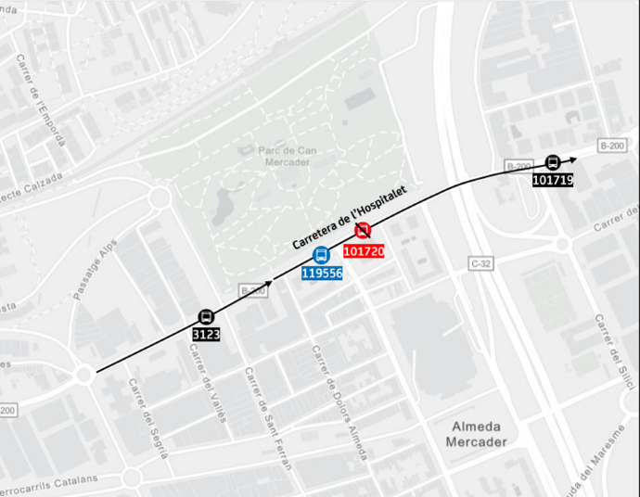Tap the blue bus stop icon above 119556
point(321,255)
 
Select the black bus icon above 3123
point(205,317)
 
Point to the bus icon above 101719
point(553,162)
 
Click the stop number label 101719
point(553,179)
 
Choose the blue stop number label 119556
point(322,274)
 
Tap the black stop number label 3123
point(205,334)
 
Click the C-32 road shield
point(480,264)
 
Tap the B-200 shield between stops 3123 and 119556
point(252,290)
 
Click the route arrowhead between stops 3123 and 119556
point(269,282)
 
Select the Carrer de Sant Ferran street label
point(267,419)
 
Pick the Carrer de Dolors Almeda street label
point(339,404)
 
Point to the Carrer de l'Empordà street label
point(42,103)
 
